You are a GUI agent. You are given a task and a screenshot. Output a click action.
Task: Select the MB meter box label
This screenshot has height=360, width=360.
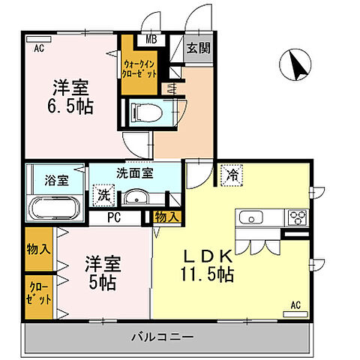[x=150, y=40]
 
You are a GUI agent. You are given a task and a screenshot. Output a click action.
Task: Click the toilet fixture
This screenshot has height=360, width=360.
[x=145, y=112]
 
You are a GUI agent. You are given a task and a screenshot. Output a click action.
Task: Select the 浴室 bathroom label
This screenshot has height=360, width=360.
[x=56, y=180]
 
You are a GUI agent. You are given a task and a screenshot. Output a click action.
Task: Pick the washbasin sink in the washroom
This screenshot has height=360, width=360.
[x=135, y=197]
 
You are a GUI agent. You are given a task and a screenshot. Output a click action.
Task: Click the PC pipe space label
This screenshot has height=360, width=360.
[x=114, y=219]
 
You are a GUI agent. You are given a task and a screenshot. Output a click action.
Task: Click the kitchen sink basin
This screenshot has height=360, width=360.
[x=250, y=218]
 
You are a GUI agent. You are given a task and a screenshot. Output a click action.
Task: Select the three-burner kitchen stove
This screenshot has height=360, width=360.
[x=296, y=218]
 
